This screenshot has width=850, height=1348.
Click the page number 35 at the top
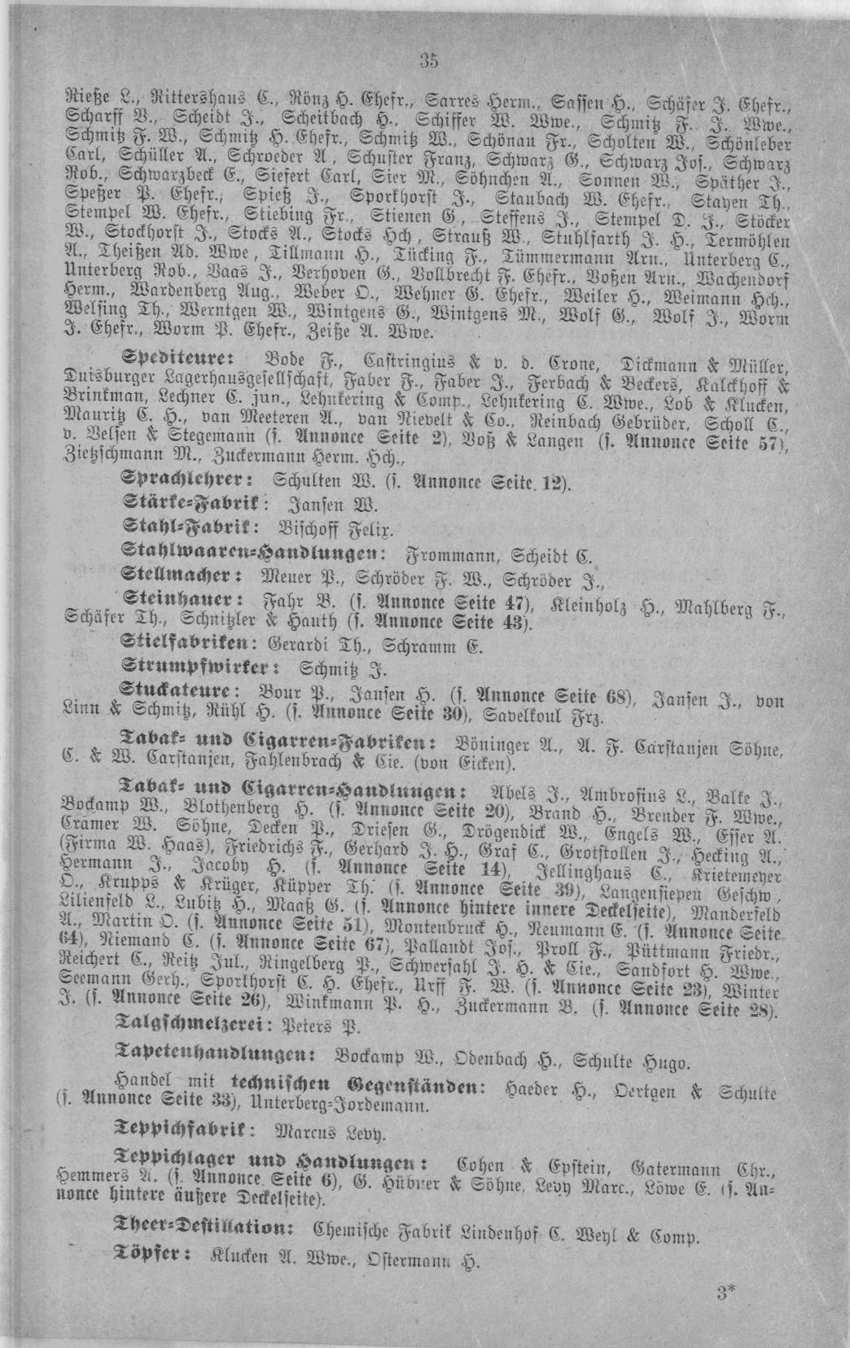click(430, 59)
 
